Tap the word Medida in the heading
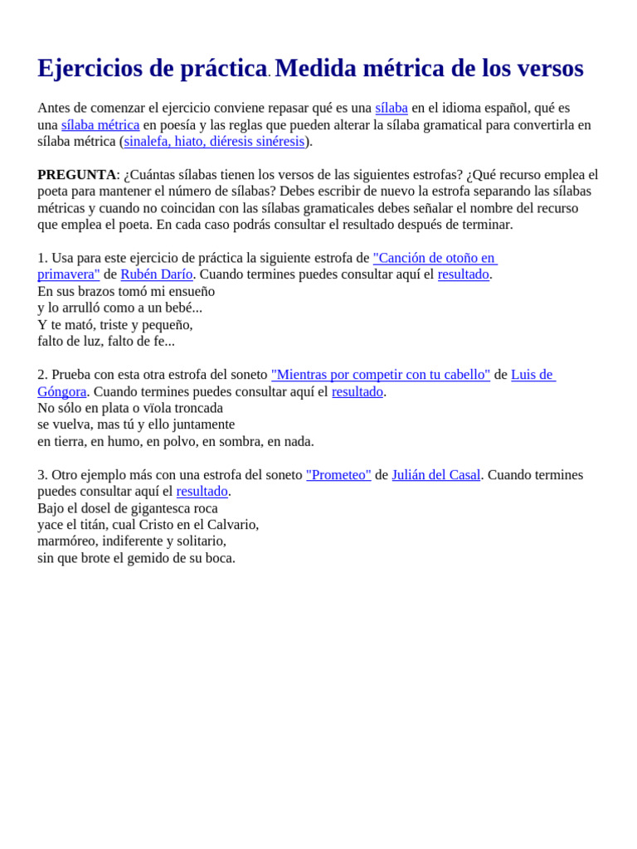click(316, 69)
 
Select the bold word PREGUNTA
click(76, 175)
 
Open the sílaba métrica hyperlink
click(100, 125)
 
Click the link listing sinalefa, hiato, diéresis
click(214, 142)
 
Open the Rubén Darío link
click(156, 274)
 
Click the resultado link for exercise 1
click(463, 274)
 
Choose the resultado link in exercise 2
click(357, 391)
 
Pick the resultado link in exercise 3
click(202, 492)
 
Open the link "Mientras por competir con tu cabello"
click(381, 375)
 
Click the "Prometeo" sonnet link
click(338, 475)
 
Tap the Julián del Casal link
click(435, 475)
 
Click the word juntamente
click(203, 424)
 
